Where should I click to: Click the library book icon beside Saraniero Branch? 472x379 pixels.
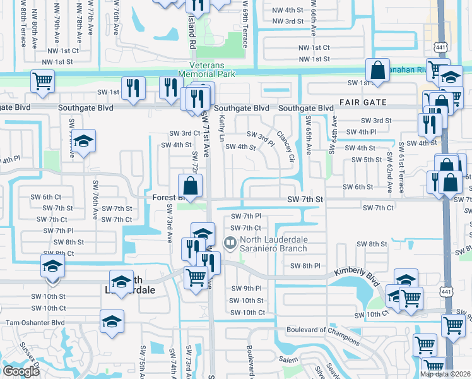click(231, 241)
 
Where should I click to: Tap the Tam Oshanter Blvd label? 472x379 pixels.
click(35, 322)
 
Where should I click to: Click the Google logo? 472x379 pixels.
click(21, 371)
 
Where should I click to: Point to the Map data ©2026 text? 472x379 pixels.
click(445, 374)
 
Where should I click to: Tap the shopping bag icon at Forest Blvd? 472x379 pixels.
click(191, 186)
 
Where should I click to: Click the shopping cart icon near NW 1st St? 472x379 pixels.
click(43, 80)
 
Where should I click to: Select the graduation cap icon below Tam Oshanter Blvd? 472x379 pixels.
click(111, 321)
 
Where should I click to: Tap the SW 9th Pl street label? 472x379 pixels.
click(247, 289)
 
